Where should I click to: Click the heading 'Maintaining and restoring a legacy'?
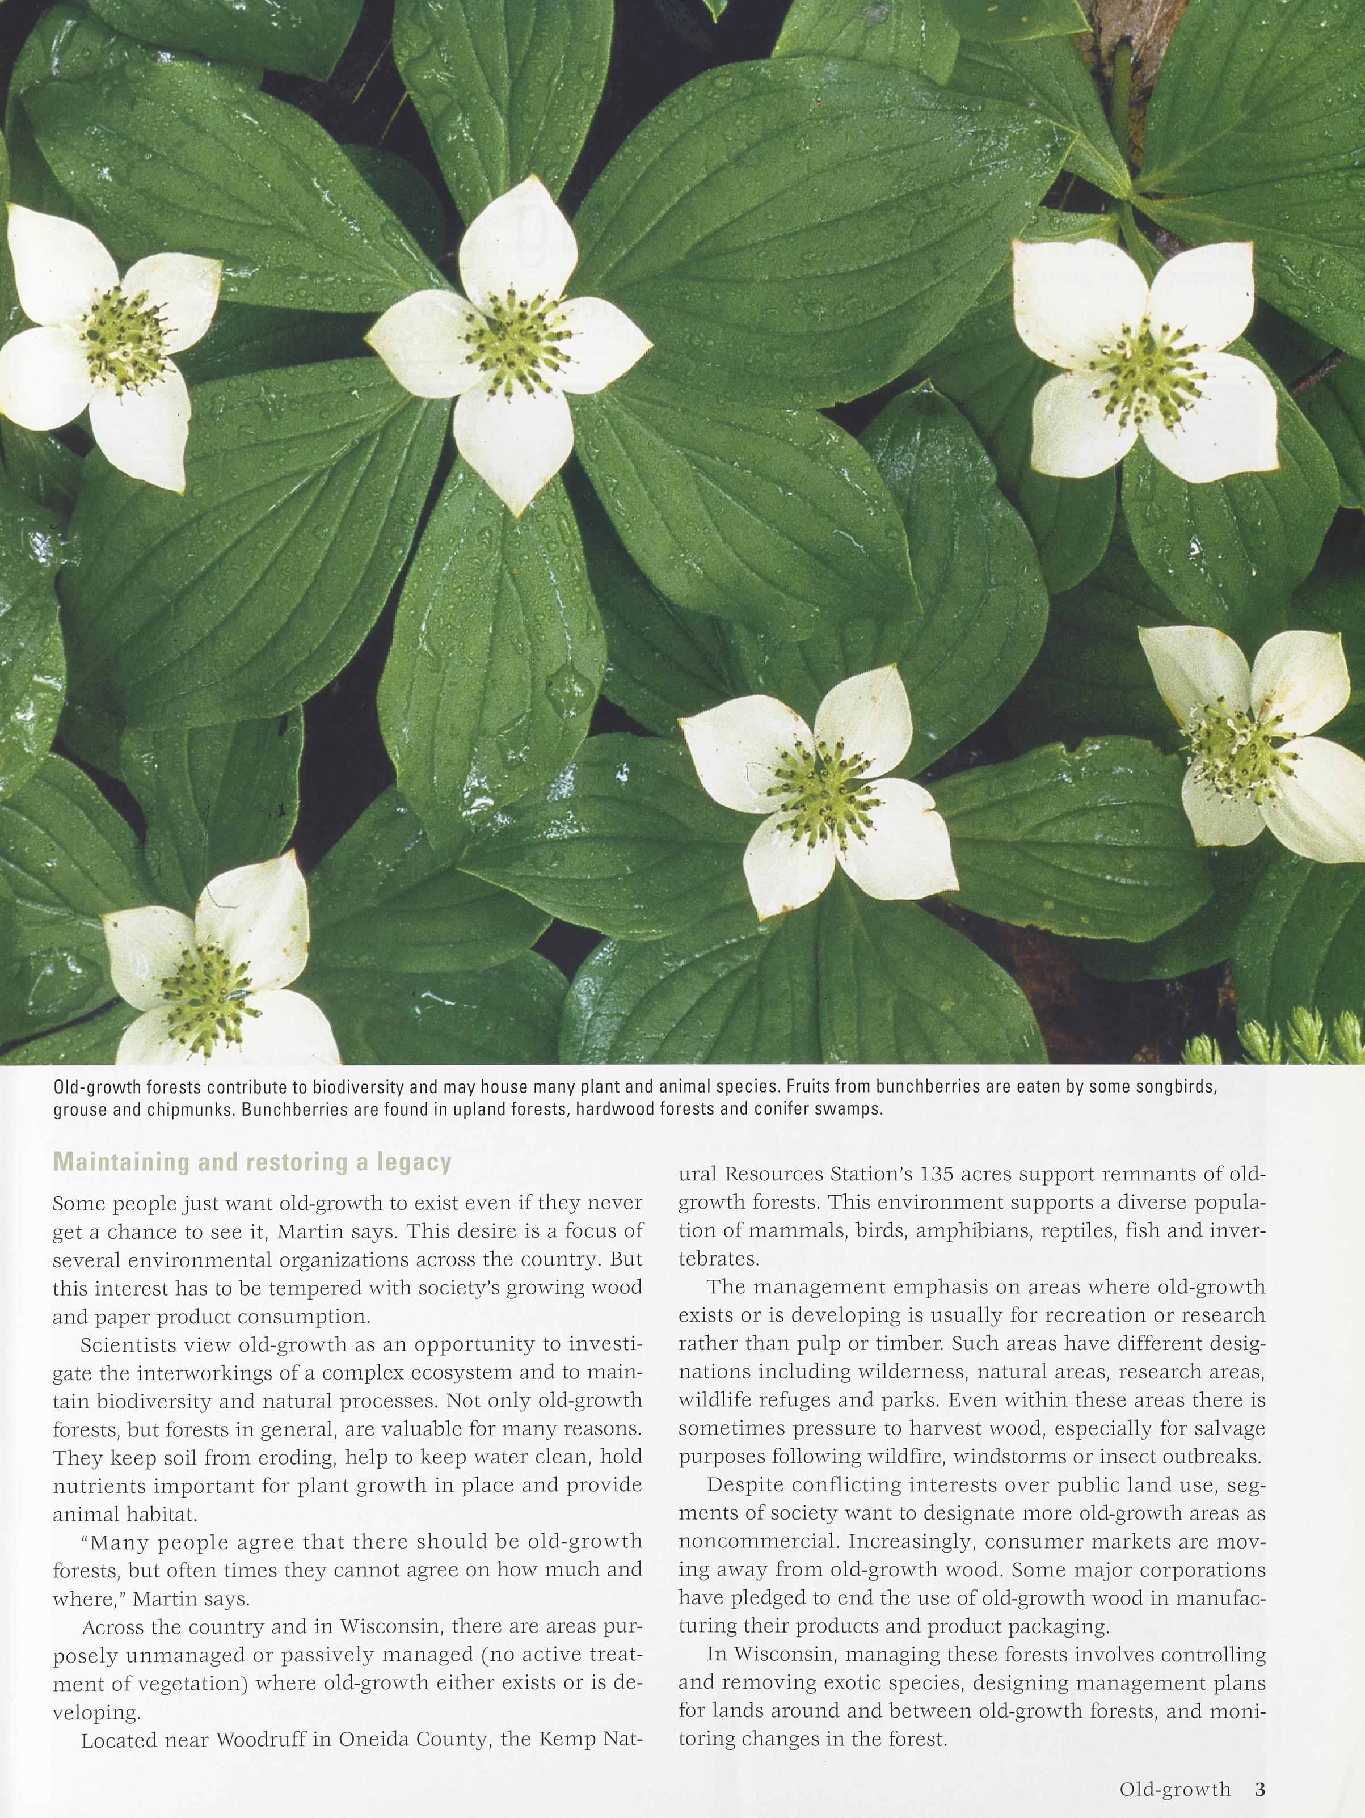pyautogui.click(x=252, y=1162)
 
